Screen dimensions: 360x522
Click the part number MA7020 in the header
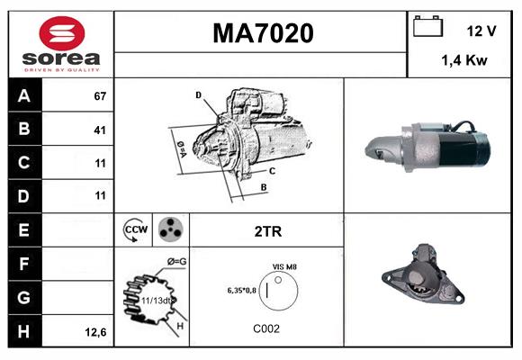(x=263, y=33)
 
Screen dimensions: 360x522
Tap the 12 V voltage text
(x=481, y=31)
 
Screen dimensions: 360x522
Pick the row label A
(x=22, y=96)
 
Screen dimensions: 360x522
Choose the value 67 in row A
(x=99, y=96)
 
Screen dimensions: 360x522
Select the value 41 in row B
(x=99, y=130)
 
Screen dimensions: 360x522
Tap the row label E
(x=22, y=230)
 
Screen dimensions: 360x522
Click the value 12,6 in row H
(x=96, y=332)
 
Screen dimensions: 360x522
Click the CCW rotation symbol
(x=135, y=230)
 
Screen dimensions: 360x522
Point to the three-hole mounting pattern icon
(x=169, y=230)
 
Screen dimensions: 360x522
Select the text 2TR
(x=267, y=231)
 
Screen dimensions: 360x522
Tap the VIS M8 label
(x=285, y=267)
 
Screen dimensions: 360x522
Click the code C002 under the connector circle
(x=266, y=328)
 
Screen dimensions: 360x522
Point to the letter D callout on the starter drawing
(x=198, y=94)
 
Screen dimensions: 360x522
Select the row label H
(x=22, y=332)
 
